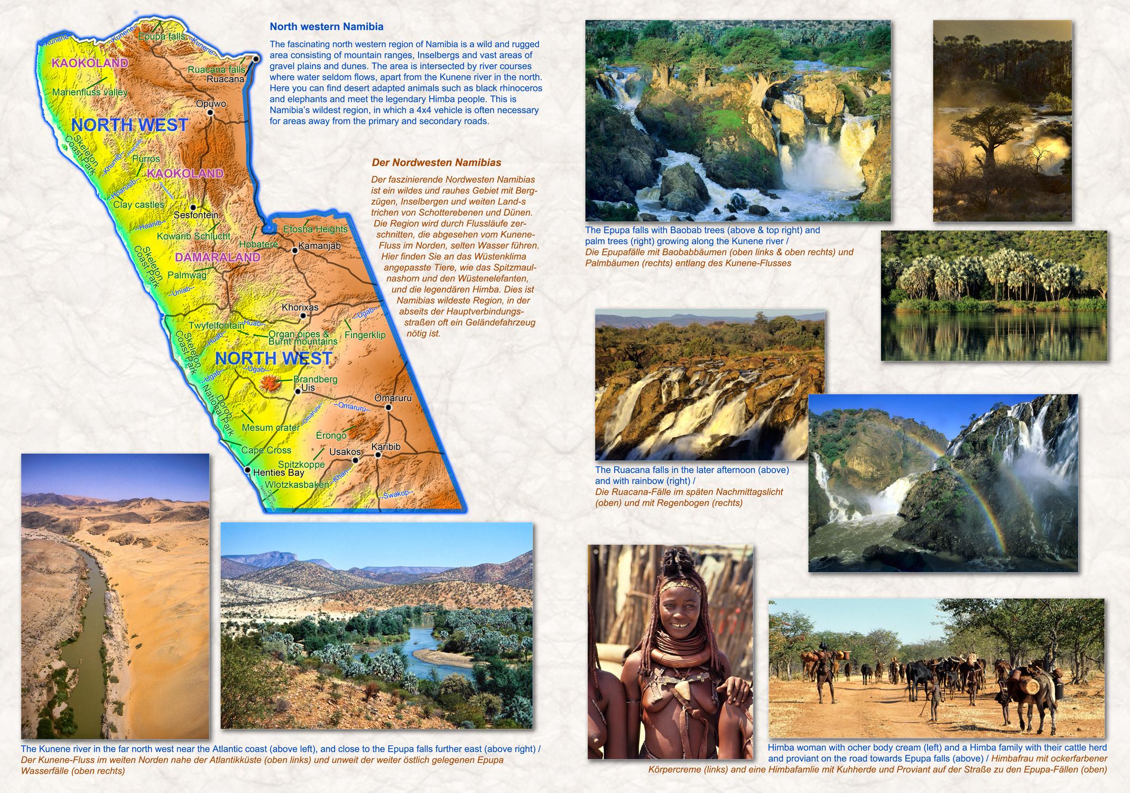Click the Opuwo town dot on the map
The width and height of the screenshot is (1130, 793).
point(210,113)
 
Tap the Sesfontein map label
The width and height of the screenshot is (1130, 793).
point(196,215)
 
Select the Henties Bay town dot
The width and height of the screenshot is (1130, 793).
point(247,469)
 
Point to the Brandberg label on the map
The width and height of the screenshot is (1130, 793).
point(315,379)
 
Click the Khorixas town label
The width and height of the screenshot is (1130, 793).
point(300,307)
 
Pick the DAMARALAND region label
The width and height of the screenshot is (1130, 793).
point(217,257)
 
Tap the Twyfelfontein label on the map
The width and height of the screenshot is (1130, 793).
point(216,326)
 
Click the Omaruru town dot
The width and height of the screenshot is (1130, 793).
point(388,407)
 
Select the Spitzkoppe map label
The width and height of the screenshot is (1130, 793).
point(301,464)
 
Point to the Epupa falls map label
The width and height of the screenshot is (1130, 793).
point(161,36)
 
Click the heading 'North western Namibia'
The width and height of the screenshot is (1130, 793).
point(326,26)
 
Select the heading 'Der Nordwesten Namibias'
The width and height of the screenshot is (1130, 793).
point(436,163)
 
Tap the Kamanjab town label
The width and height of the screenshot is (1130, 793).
point(319,246)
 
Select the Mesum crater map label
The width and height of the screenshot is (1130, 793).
point(271,428)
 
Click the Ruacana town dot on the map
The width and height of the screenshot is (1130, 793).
point(256,59)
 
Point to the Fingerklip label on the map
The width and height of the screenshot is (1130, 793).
point(365,335)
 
